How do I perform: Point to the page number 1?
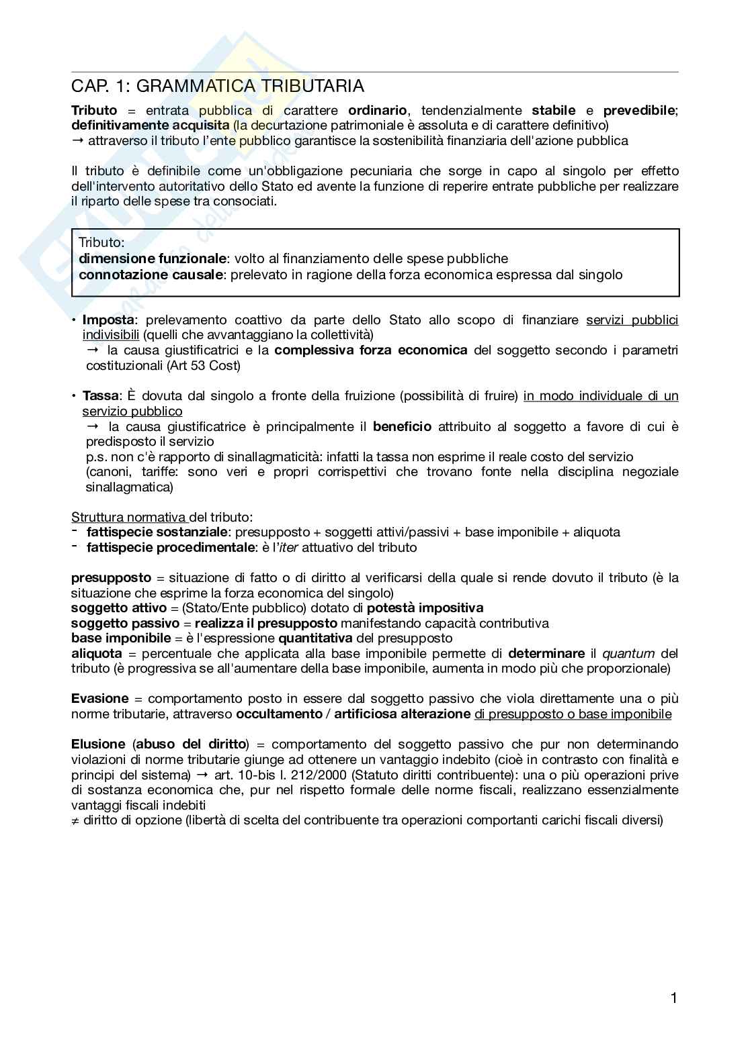point(673,998)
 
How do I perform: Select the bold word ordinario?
point(378,110)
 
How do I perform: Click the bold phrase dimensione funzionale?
point(152,258)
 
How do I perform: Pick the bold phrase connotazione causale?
point(151,274)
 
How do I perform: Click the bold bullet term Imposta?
point(109,320)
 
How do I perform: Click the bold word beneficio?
point(402,426)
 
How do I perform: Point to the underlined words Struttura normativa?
point(129,517)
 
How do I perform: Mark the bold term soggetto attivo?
point(118,608)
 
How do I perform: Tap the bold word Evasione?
point(99,698)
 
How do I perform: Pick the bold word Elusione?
point(98,744)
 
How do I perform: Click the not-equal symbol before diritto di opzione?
point(75,820)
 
